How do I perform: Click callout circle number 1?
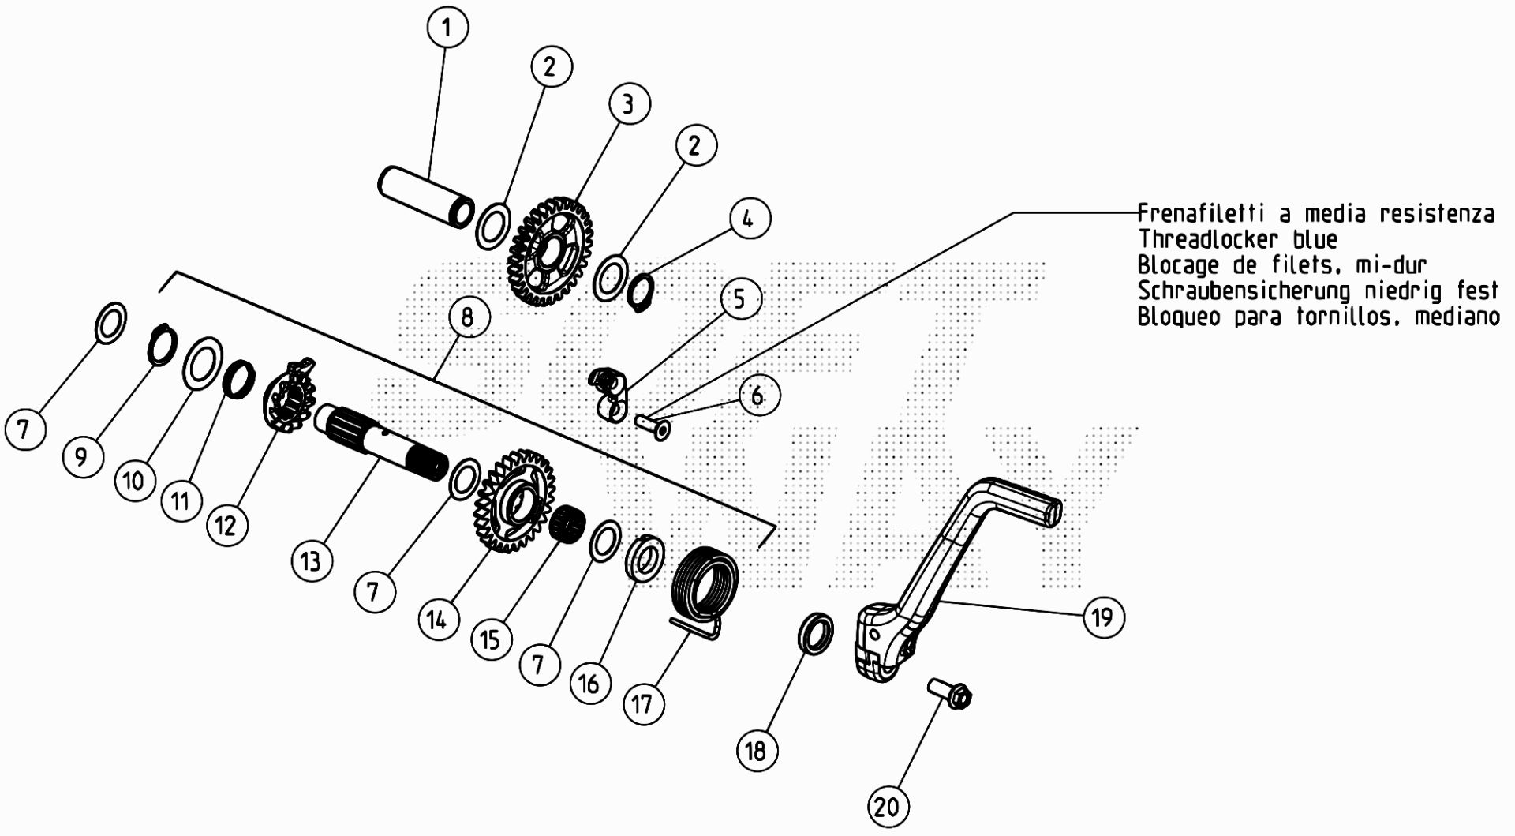point(447,28)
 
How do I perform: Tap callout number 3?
point(628,103)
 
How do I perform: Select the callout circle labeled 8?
point(468,317)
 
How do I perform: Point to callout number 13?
point(311,560)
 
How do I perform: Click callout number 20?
point(888,807)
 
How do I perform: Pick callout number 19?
point(1102,617)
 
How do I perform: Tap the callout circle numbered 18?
point(757,750)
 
